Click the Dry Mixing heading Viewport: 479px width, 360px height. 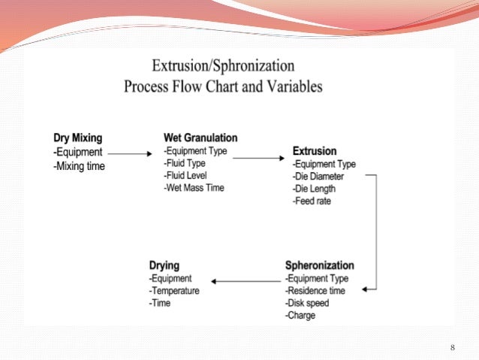coord(78,138)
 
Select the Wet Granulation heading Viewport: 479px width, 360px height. coord(200,138)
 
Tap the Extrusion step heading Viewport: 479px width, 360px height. coord(315,151)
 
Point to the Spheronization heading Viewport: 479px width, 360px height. coord(319,266)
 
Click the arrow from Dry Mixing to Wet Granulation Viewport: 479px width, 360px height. coord(134,153)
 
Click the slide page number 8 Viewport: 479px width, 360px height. coord(453,347)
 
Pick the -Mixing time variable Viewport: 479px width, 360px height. coord(79,166)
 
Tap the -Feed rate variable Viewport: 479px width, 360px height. coord(312,201)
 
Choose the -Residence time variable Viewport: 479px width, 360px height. coord(315,291)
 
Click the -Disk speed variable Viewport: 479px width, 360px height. coord(307,304)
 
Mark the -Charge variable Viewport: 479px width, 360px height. coord(300,316)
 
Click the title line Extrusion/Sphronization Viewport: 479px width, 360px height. coord(223,66)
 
